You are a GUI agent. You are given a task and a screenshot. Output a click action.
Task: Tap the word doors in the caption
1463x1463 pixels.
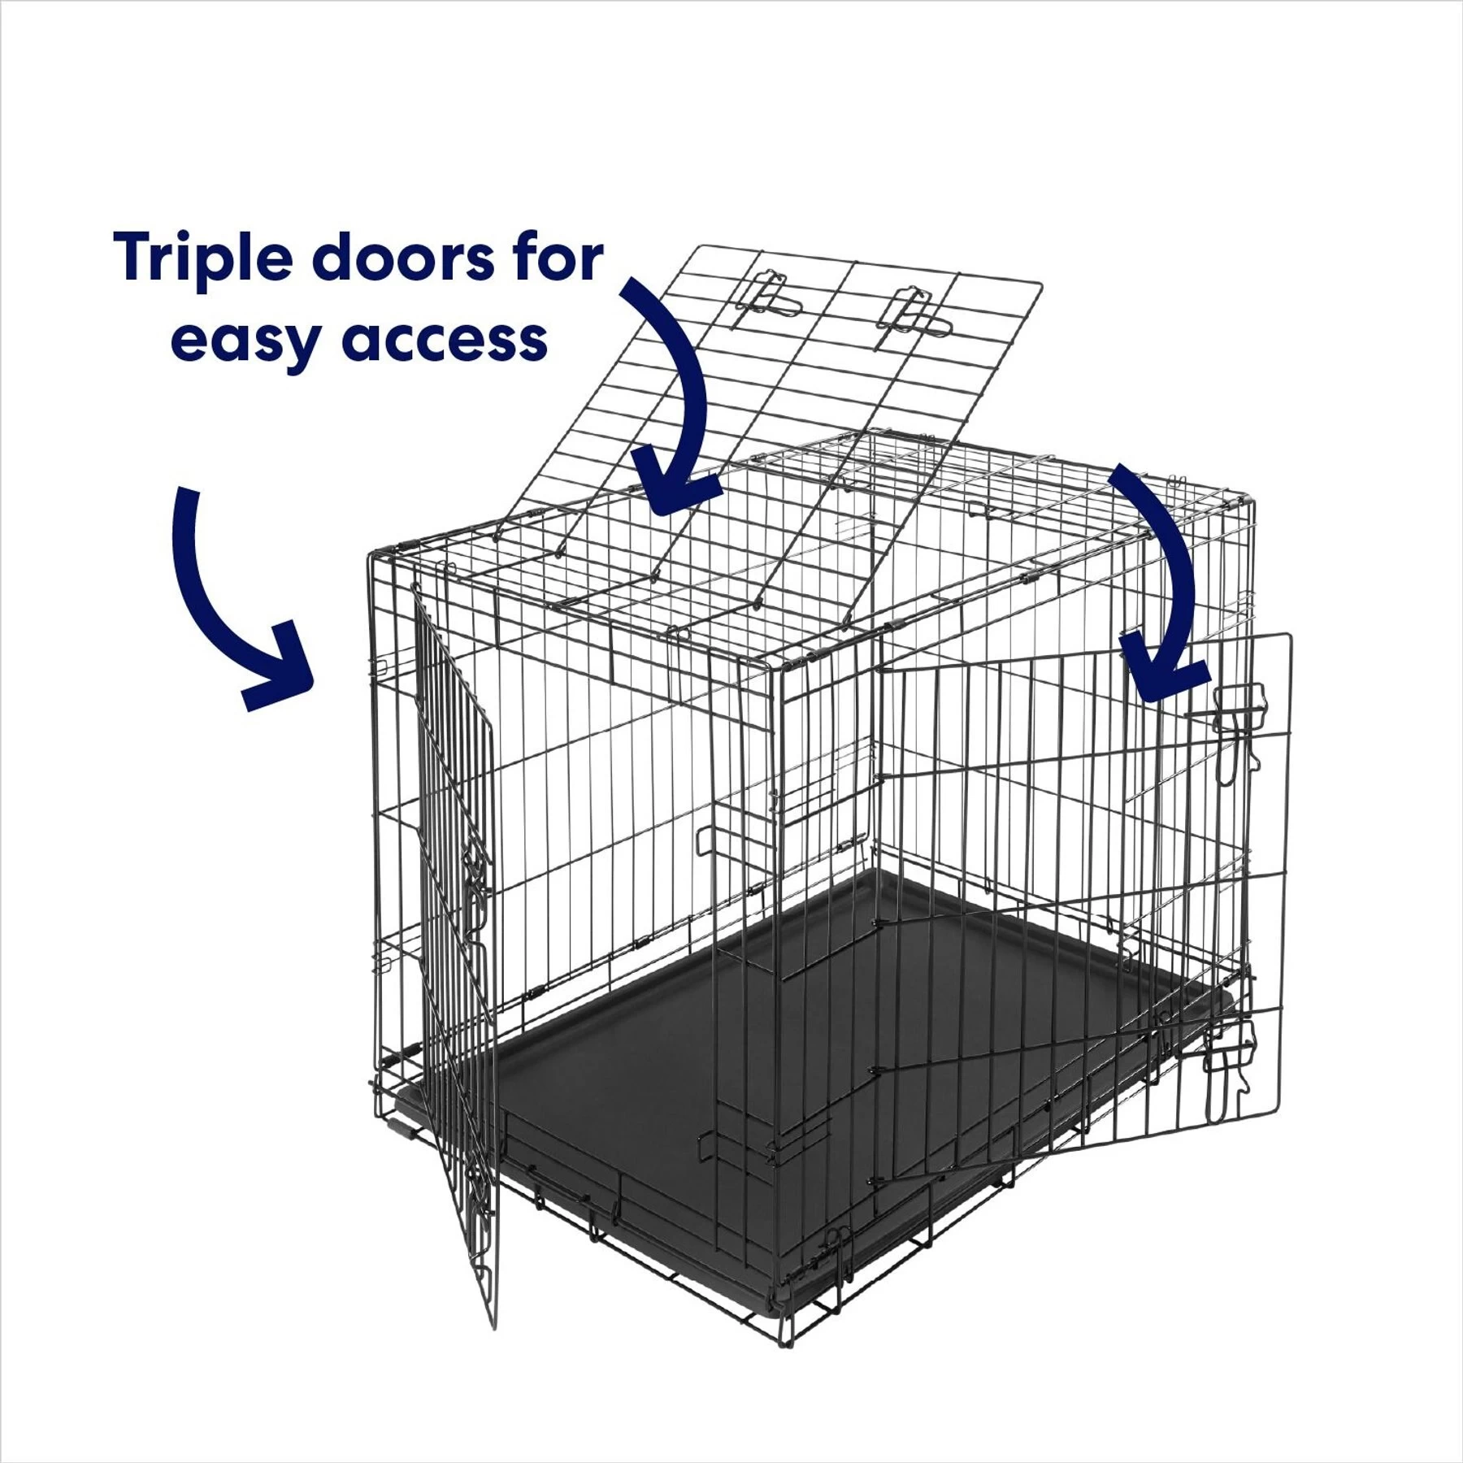point(402,258)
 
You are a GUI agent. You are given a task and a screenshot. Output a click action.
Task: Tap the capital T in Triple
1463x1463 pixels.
point(135,257)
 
